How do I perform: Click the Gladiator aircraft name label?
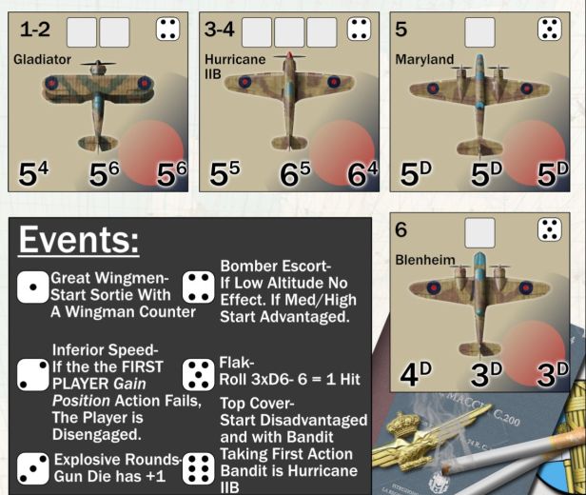tap(42, 59)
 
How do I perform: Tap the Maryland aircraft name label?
tap(424, 59)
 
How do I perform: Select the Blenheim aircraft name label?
tap(425, 260)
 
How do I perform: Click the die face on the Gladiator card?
tap(167, 29)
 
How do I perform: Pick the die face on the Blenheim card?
tap(550, 229)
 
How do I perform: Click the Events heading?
tap(78, 240)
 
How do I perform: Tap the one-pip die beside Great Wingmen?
tap(33, 287)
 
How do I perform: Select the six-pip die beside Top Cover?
tap(199, 469)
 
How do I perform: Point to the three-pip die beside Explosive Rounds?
tap(33, 469)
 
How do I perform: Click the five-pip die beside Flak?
tap(199, 375)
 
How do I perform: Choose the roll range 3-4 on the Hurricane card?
tap(220, 30)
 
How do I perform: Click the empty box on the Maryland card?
tap(479, 32)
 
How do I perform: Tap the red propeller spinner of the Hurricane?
tap(289, 55)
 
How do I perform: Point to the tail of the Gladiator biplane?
tap(98, 143)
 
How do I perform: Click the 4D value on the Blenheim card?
tap(416, 374)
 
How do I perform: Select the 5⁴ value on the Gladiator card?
tap(33, 173)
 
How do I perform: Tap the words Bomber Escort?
tap(276, 267)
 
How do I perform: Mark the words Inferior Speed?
tap(105, 350)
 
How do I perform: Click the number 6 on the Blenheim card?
tap(401, 229)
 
